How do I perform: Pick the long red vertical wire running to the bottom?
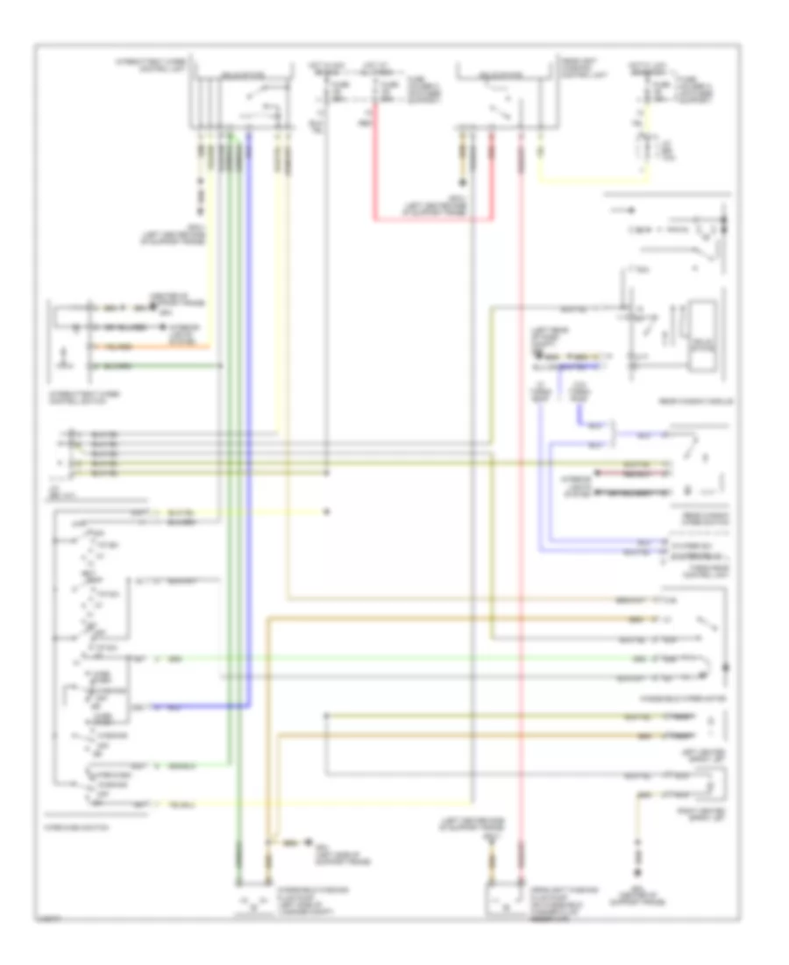tap(521, 526)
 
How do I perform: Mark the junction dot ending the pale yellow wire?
tap(326, 511)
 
